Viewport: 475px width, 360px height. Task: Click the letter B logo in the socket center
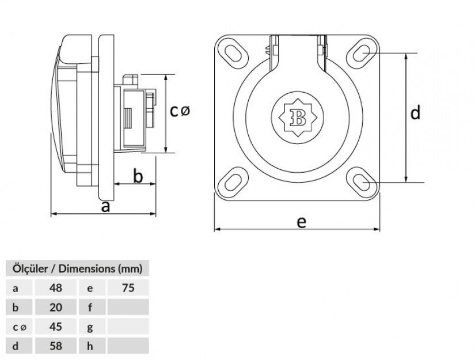(298, 118)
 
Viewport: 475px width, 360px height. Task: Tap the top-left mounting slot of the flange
(233, 54)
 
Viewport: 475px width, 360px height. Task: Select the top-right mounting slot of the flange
(362, 53)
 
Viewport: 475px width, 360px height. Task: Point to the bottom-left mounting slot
(233, 183)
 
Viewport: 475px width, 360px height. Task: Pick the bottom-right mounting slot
(362, 183)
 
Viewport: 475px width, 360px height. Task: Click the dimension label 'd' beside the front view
(415, 112)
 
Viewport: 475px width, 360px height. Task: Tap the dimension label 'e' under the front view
(302, 222)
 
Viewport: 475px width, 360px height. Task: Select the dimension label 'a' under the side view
(105, 207)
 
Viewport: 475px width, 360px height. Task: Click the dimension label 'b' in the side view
(138, 176)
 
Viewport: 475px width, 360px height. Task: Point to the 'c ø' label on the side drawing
(180, 111)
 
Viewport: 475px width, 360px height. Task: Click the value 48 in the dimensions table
(56, 288)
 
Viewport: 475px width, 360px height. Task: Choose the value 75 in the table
(128, 288)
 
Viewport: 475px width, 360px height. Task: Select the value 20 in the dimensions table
(56, 307)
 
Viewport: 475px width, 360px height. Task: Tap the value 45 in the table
(56, 327)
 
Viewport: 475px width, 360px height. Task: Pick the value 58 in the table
(56, 346)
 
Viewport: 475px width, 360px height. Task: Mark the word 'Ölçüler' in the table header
(30, 268)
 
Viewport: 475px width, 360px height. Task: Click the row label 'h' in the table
(90, 346)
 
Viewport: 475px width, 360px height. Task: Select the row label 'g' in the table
(90, 327)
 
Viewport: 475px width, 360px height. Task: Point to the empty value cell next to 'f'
(128, 307)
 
